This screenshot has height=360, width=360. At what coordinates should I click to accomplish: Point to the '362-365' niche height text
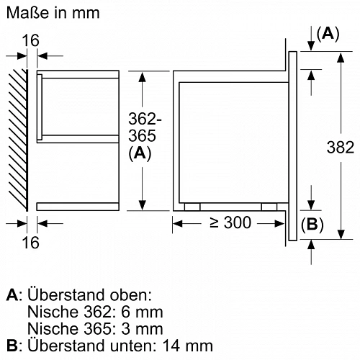tap(139, 127)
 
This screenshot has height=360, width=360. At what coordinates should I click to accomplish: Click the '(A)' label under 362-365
tap(139, 153)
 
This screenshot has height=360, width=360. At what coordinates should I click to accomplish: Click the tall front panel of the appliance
tap(293, 145)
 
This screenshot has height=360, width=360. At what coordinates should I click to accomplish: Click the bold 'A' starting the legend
tap(10, 296)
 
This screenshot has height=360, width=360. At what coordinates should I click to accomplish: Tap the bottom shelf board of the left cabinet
tap(76, 207)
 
